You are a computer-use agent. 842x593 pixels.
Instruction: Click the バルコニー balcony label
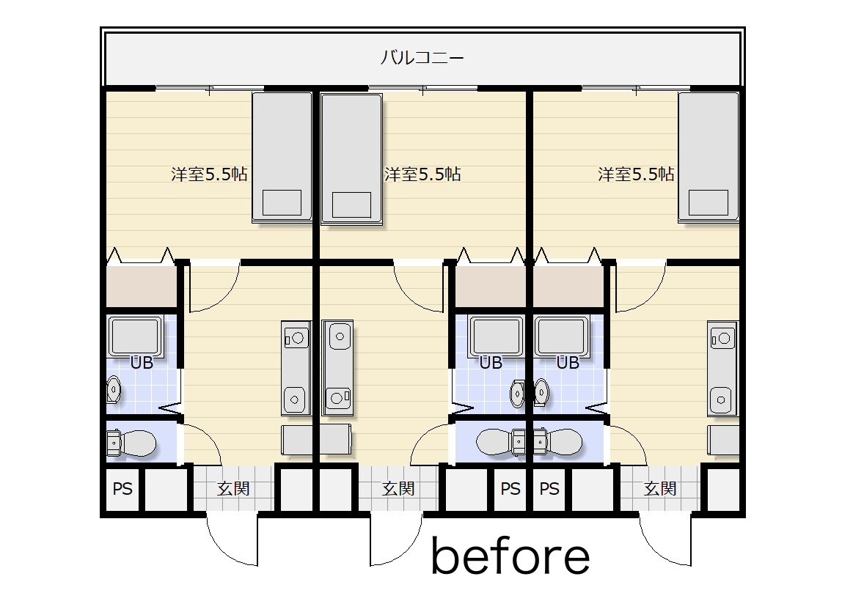click(422, 57)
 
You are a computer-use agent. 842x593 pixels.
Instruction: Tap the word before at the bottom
click(510, 556)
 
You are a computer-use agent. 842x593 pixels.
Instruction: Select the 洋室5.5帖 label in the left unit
click(210, 174)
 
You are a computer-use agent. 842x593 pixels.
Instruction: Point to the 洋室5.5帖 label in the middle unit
click(422, 174)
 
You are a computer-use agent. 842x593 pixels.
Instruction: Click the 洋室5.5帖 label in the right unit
click(637, 174)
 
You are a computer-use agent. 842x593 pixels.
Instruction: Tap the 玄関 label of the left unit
click(233, 488)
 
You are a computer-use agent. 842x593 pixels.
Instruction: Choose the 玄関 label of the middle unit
click(398, 488)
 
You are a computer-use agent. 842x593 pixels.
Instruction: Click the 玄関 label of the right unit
click(661, 488)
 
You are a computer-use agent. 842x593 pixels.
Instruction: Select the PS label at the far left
click(122, 489)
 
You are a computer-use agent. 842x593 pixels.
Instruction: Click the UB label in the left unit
click(142, 364)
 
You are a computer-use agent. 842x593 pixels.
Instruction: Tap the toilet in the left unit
click(131, 443)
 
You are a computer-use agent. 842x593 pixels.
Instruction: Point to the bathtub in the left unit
click(135, 337)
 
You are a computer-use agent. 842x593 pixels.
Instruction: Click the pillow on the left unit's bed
click(282, 203)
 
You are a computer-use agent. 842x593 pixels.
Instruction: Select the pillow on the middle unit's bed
click(352, 205)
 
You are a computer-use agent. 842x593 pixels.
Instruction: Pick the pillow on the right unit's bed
click(709, 203)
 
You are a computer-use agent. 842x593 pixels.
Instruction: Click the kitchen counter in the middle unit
click(338, 368)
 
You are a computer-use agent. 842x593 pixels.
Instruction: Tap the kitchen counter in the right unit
click(722, 368)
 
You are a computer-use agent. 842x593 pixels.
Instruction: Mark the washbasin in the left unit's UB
click(113, 389)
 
